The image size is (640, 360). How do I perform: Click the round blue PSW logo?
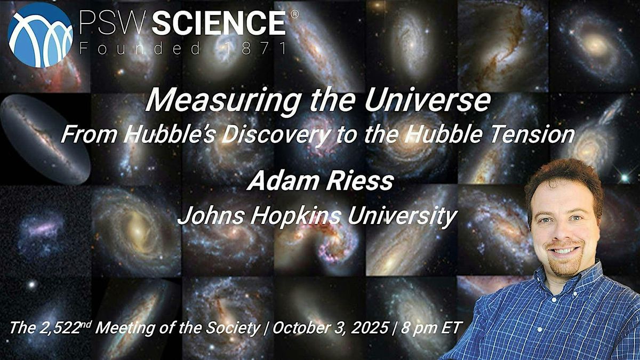click(x=41, y=35)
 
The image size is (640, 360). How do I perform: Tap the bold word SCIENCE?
click(x=219, y=23)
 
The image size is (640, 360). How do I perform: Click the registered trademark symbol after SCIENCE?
click(x=294, y=14)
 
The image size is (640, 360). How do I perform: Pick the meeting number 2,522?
click(x=59, y=327)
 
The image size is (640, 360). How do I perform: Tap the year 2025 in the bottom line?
click(x=370, y=327)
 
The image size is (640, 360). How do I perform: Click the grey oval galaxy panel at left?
click(x=45, y=139)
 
